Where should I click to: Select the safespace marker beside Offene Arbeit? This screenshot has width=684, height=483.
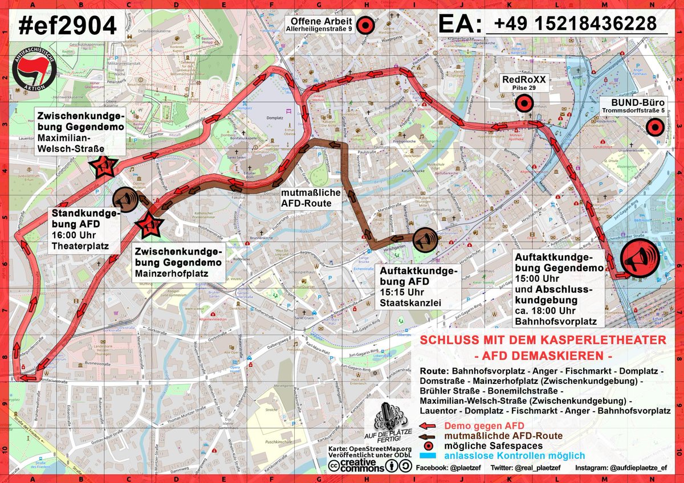(365, 24)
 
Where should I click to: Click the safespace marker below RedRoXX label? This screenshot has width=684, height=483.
(523, 104)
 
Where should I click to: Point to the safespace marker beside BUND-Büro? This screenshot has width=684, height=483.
(655, 128)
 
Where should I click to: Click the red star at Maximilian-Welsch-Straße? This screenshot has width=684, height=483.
(104, 166)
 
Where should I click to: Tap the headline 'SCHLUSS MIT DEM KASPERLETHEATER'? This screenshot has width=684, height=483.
(543, 340)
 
